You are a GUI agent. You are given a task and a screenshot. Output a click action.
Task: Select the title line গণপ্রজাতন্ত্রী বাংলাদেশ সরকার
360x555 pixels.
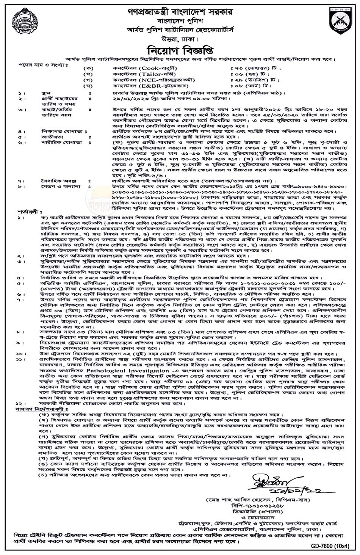point(180,5)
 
